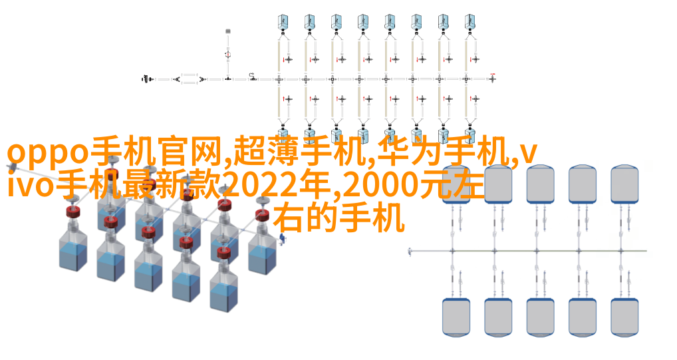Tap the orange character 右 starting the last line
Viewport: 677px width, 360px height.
tap(290, 219)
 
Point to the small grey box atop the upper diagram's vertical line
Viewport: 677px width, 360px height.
tap(228, 31)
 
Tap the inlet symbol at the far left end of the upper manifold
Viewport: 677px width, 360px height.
tap(148, 79)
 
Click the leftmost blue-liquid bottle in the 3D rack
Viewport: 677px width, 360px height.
tap(73, 251)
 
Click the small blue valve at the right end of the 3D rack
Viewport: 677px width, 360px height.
tap(282, 238)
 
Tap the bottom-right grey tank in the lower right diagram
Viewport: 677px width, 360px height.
tap(624, 316)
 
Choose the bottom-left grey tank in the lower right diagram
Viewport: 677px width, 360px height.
tap(456, 316)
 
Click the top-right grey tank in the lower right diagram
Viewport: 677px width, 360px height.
tap(624, 184)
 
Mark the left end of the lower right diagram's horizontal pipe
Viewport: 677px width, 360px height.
tap(410, 251)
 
